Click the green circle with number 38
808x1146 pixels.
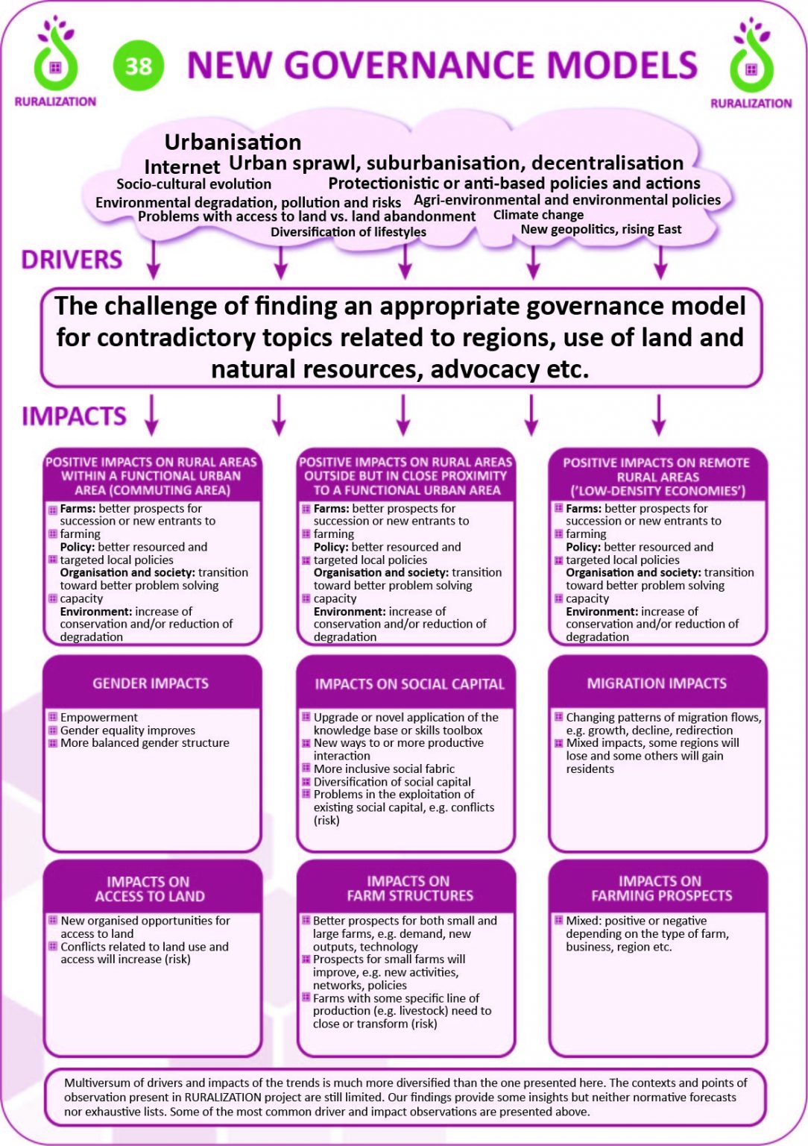(x=139, y=66)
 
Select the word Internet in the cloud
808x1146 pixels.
(x=182, y=167)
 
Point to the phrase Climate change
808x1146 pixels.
(x=538, y=215)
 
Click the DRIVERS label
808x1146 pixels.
(x=72, y=260)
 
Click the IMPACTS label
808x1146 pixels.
(x=74, y=416)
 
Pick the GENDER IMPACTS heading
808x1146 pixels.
(x=151, y=683)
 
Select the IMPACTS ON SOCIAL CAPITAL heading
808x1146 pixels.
(x=409, y=684)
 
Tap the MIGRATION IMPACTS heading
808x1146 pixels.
(x=657, y=683)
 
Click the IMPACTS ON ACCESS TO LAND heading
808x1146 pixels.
(x=149, y=889)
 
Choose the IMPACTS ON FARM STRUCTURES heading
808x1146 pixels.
(x=409, y=889)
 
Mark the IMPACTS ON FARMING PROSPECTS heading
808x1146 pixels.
(x=661, y=889)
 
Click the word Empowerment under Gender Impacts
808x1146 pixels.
(x=99, y=718)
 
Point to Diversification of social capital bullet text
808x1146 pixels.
(x=392, y=782)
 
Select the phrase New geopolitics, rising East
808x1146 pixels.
(x=601, y=230)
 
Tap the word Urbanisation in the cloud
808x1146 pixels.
(x=233, y=142)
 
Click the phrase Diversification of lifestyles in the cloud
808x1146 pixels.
(x=348, y=232)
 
